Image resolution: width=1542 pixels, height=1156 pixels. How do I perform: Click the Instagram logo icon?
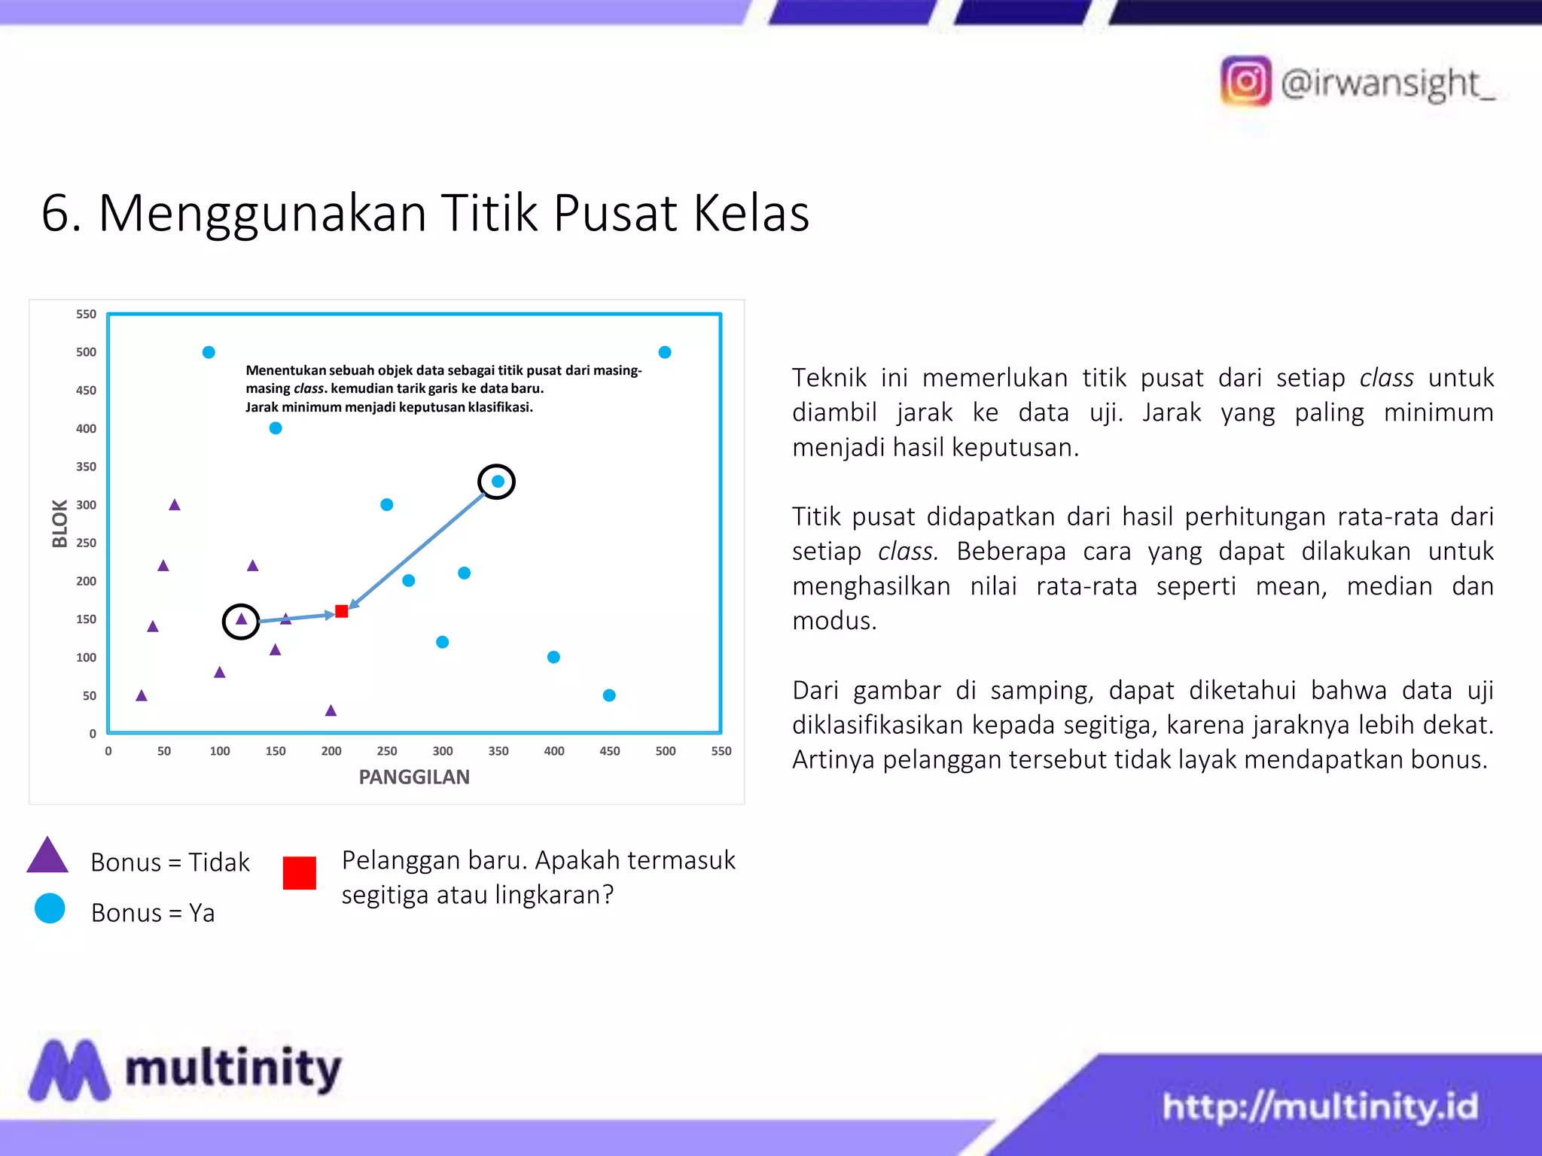click(x=1245, y=81)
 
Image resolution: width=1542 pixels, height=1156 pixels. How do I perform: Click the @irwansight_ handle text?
click(x=1387, y=83)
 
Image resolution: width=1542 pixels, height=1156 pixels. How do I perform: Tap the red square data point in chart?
click(x=342, y=611)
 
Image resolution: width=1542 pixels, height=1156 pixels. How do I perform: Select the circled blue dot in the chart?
click(x=498, y=482)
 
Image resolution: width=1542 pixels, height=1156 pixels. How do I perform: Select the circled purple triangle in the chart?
click(x=241, y=620)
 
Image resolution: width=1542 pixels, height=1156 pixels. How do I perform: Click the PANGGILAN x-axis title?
click(x=414, y=777)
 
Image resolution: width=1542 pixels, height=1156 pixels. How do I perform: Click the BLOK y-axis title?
click(x=59, y=523)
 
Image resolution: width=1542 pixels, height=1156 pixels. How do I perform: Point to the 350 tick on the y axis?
click(x=86, y=467)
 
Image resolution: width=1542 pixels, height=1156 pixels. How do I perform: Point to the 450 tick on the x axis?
click(x=609, y=751)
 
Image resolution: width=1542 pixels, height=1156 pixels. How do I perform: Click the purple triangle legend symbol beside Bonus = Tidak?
click(x=47, y=856)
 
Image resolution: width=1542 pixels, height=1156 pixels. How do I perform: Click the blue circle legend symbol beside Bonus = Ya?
click(x=50, y=908)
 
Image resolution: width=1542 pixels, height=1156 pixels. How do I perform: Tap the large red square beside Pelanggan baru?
click(x=299, y=873)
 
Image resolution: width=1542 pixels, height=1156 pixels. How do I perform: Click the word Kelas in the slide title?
click(x=751, y=213)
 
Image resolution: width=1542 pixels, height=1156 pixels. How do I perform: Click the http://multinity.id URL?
click(x=1319, y=1106)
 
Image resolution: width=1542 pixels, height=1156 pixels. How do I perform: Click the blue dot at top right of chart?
click(x=665, y=352)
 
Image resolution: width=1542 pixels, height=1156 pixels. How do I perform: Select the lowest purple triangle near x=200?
click(x=331, y=710)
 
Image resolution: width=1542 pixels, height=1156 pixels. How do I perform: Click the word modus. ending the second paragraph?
click(x=834, y=621)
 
